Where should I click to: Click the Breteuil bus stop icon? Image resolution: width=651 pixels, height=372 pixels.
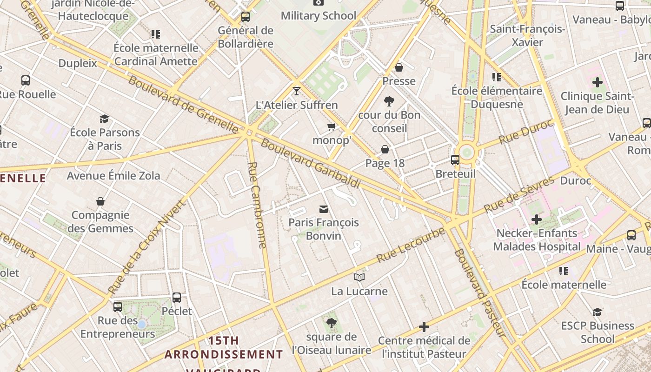point(455,160)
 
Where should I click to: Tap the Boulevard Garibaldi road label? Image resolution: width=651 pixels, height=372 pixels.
point(310,163)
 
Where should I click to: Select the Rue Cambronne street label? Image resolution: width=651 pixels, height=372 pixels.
point(257,205)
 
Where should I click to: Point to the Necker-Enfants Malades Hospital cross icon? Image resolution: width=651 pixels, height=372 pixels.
point(537,219)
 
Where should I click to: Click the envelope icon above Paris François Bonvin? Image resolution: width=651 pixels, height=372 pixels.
point(324,209)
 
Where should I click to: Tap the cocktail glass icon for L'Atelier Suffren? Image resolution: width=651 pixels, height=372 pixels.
point(297,91)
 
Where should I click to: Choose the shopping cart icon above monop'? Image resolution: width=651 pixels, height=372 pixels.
point(332,126)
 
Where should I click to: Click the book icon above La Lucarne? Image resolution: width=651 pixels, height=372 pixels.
point(359,278)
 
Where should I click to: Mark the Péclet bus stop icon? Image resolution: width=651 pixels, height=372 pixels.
point(177,297)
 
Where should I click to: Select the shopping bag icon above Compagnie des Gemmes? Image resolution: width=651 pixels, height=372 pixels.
point(100,201)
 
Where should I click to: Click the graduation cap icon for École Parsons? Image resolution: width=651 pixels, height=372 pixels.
point(105,119)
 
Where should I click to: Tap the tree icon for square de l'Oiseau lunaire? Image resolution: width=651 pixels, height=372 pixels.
point(332,323)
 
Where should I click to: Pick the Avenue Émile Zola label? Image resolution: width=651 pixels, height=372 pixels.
point(113,176)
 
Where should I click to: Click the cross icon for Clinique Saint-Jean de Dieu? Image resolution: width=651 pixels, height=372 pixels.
point(598,83)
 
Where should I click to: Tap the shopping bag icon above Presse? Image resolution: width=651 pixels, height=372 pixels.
point(399,67)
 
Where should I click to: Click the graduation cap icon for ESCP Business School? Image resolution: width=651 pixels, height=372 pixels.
point(598,312)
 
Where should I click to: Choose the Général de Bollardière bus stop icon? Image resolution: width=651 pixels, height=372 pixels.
point(246,17)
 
